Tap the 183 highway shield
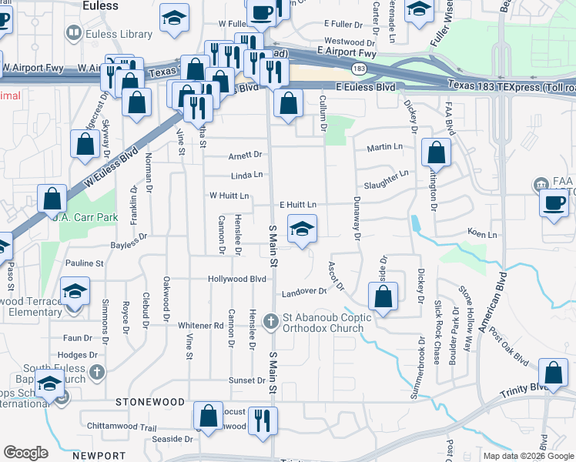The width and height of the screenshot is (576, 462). pyautogui.click(x=359, y=69)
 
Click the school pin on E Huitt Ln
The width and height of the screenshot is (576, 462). pyautogui.click(x=302, y=229)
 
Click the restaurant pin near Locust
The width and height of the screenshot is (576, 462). pyautogui.click(x=263, y=420)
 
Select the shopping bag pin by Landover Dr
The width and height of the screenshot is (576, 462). pyautogui.click(x=383, y=296)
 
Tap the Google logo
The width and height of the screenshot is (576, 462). pyautogui.click(x=25, y=453)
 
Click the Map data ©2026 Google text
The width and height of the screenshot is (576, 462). pyautogui.click(x=527, y=456)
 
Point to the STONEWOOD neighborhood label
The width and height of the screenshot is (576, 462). pyautogui.click(x=150, y=402)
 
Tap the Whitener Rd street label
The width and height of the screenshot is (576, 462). pyautogui.click(x=198, y=326)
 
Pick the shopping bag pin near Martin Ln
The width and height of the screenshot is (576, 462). pyautogui.click(x=436, y=153)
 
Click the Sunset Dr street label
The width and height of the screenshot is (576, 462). pyautogui.click(x=246, y=380)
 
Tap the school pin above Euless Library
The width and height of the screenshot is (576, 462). pyautogui.click(x=175, y=17)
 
